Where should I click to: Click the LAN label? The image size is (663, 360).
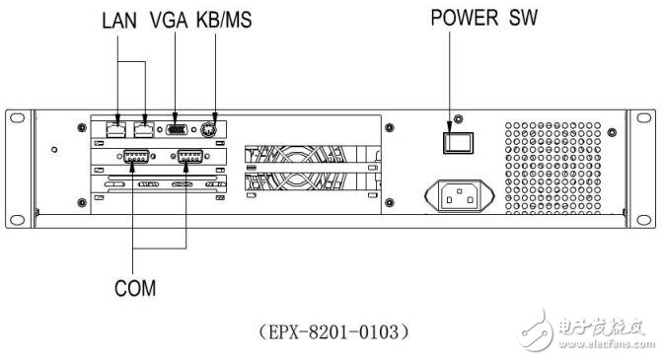click(119, 19)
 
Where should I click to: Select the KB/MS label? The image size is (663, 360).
click(225, 19)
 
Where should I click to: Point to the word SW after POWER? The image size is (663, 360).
click(523, 19)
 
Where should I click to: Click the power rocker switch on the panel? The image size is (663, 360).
click(455, 141)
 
